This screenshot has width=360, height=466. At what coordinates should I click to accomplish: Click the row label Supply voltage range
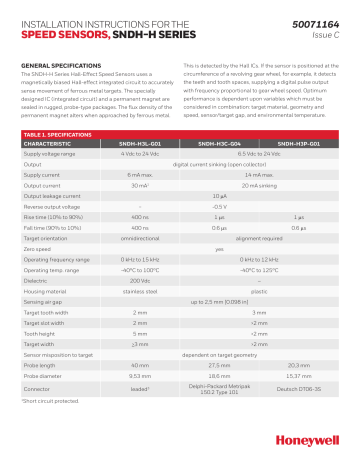(50, 154)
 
